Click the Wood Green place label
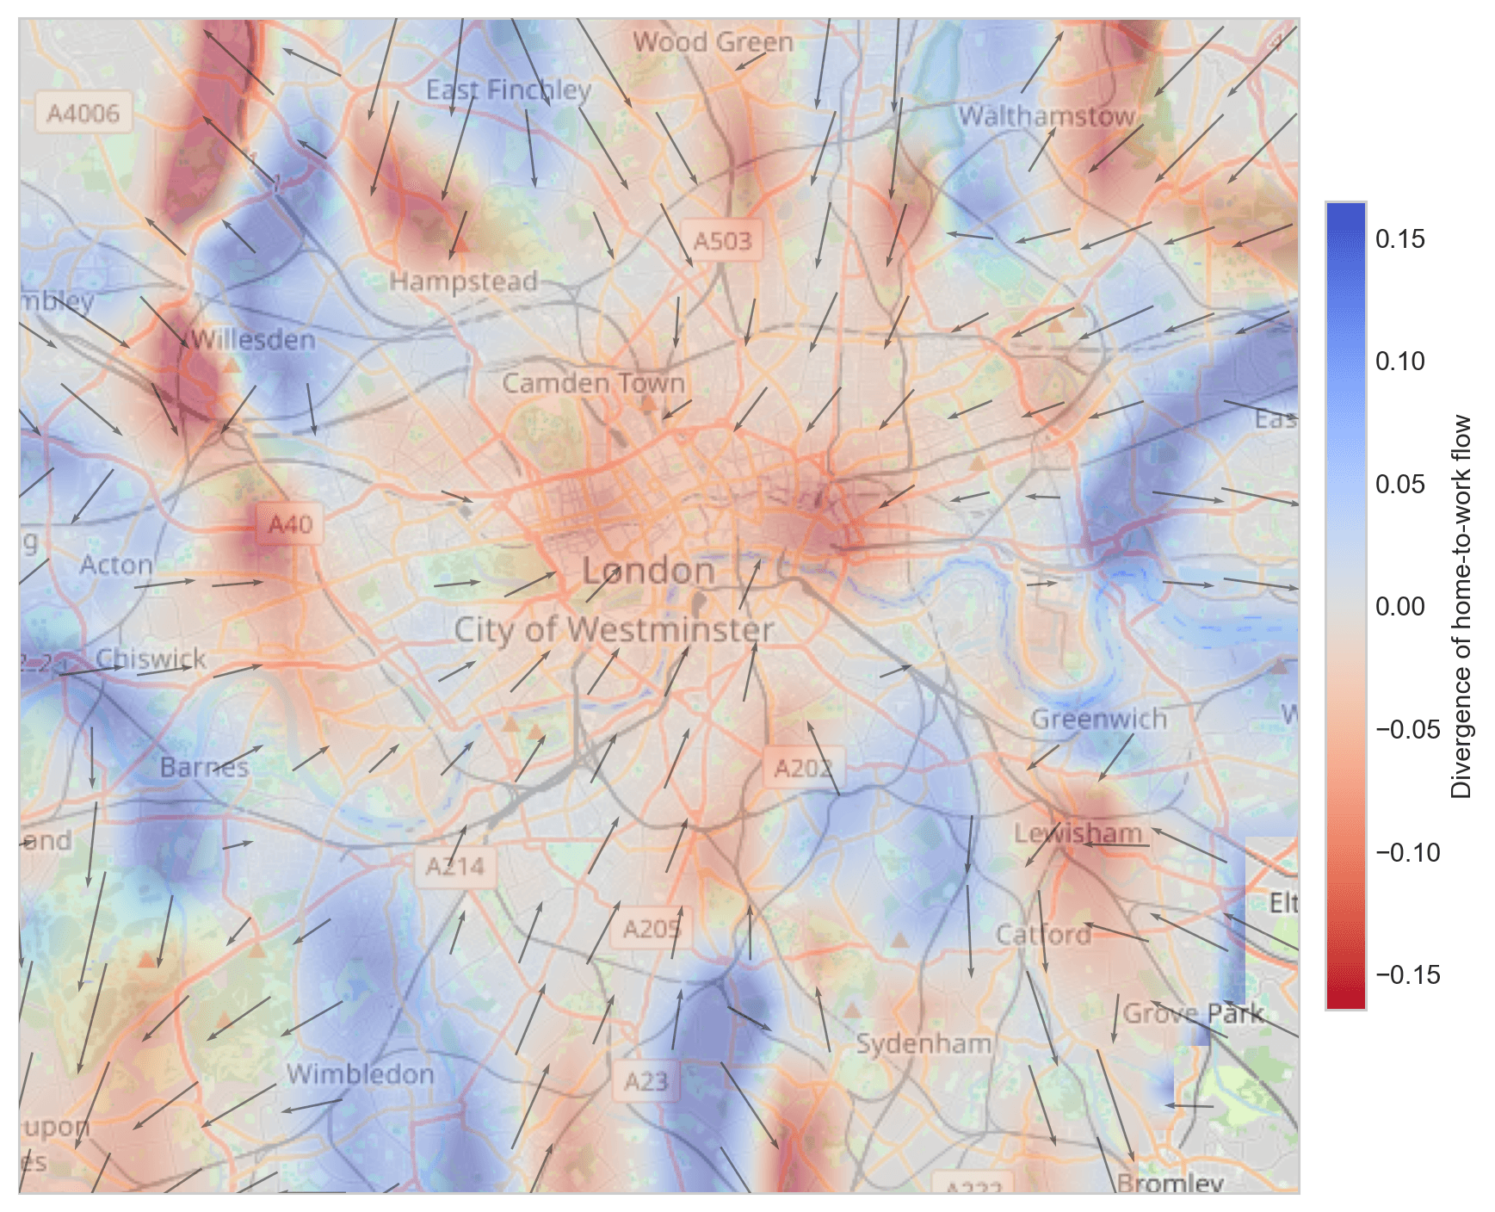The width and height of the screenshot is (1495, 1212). pyautogui.click(x=713, y=41)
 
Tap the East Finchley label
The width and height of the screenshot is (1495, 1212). pyautogui.click(x=509, y=90)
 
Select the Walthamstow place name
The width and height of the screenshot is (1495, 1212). pyautogui.click(x=1047, y=115)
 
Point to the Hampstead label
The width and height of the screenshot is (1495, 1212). pyautogui.click(x=463, y=281)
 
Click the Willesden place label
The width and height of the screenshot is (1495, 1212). pyautogui.click(x=253, y=339)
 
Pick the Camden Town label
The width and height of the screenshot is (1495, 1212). pyautogui.click(x=593, y=382)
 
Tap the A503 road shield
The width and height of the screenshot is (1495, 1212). pyautogui.click(x=722, y=241)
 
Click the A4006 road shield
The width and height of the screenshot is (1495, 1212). pyautogui.click(x=83, y=114)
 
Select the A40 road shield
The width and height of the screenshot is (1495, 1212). pyautogui.click(x=290, y=524)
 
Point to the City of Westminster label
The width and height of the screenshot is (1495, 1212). pyautogui.click(x=614, y=629)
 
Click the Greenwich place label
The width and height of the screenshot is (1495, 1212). pyautogui.click(x=1099, y=718)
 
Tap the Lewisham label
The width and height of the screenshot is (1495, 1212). pyautogui.click(x=1078, y=832)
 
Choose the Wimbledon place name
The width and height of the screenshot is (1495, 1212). pyautogui.click(x=360, y=1073)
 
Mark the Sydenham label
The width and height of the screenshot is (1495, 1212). pyautogui.click(x=923, y=1043)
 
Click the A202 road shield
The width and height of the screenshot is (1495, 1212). pyautogui.click(x=803, y=768)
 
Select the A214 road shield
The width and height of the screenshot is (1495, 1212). pyautogui.click(x=455, y=866)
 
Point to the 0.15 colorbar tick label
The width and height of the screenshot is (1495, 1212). pyautogui.click(x=1399, y=239)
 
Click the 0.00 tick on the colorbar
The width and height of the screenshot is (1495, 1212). pyautogui.click(x=1399, y=607)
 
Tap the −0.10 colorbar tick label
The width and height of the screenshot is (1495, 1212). pyautogui.click(x=1407, y=852)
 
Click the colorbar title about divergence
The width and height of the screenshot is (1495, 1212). pyautogui.click(x=1461, y=607)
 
